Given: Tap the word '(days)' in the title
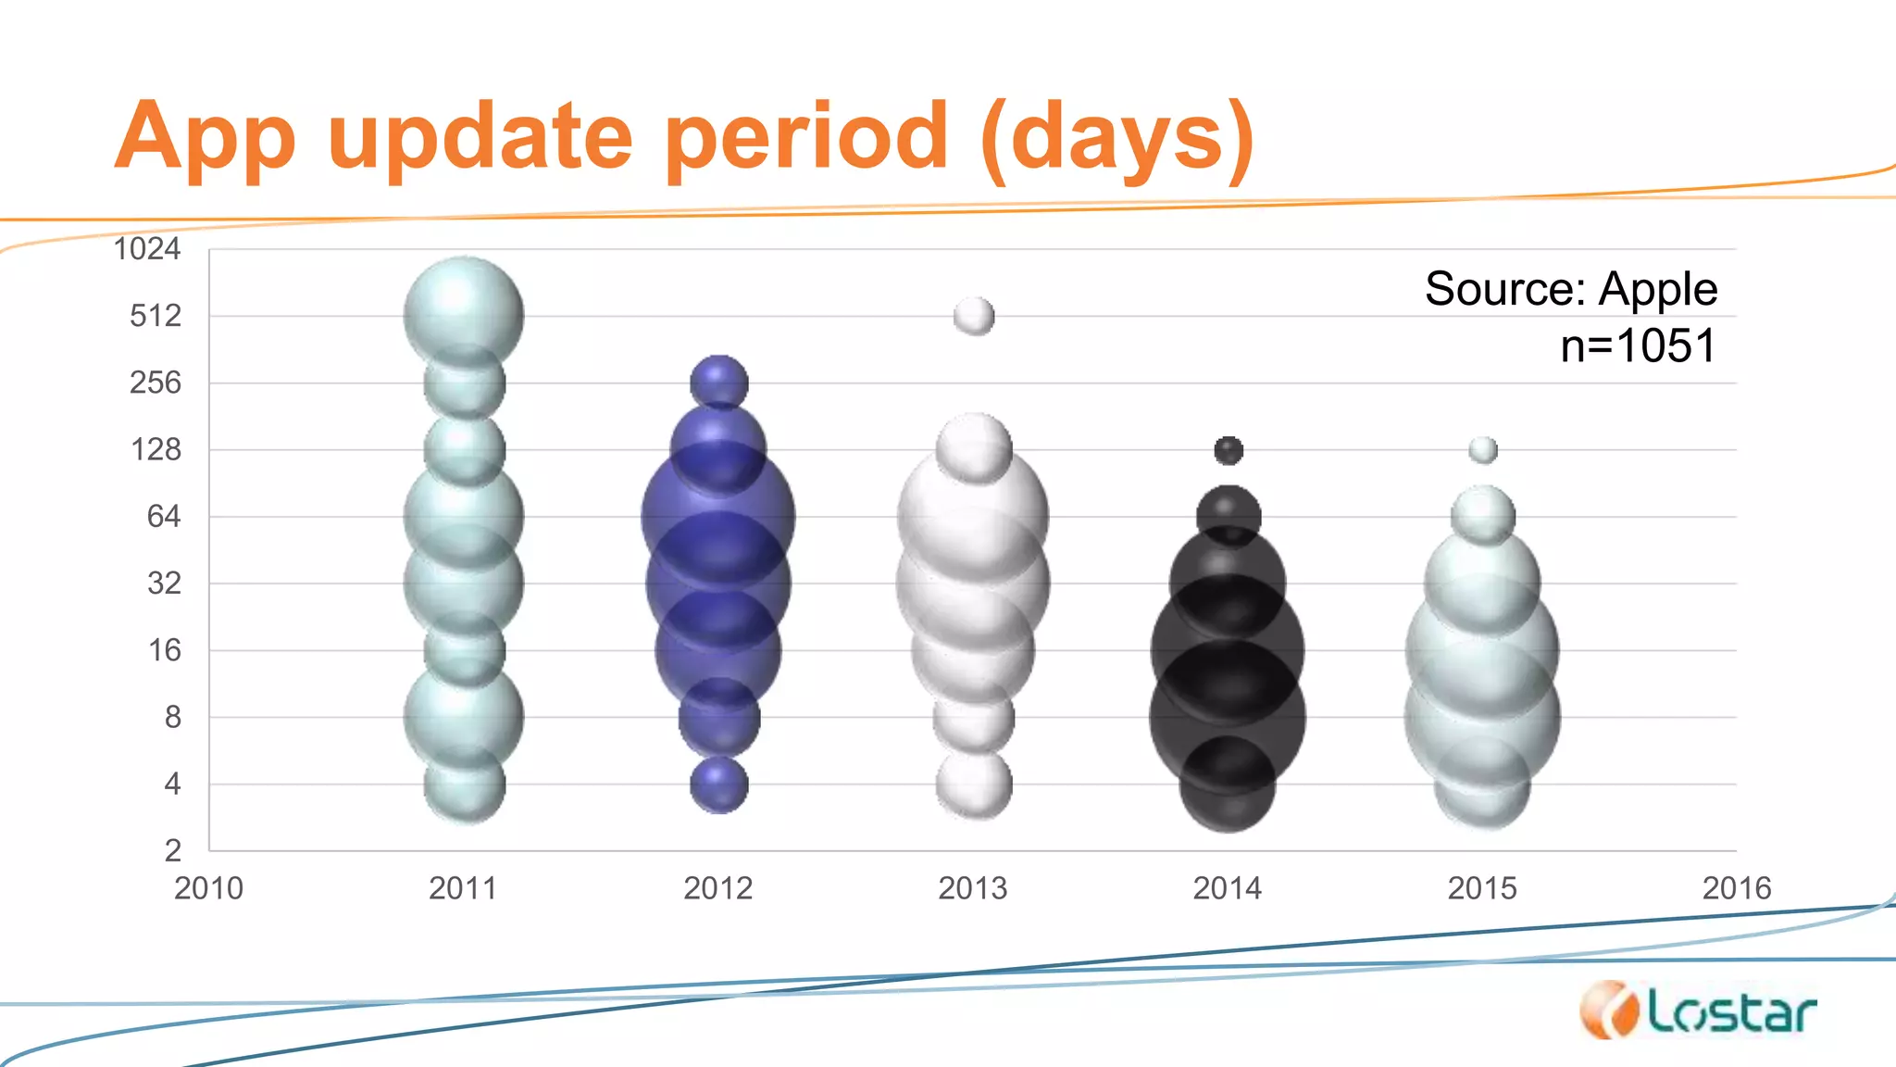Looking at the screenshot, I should tap(1116, 139).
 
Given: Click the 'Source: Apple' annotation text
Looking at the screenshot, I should tap(1570, 289).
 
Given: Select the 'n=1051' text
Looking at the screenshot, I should tap(1637, 345).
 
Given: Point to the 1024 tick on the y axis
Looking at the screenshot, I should tap(146, 249).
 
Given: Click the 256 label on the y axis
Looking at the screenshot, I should tap(155, 383).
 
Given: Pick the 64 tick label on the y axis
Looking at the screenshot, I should tap(163, 516).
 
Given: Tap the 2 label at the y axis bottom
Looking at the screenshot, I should tap(172, 850).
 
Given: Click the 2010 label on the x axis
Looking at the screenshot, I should tap(208, 888).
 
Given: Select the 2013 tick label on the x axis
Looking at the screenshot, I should tap(972, 888).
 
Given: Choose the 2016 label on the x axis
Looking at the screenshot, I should tap(1736, 888).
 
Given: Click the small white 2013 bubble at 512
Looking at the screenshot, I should tap(974, 317).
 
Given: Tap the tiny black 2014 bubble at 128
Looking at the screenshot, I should tap(1229, 451).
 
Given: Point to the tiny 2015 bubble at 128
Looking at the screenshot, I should tap(1483, 450).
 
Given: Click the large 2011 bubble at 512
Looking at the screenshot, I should tap(464, 310).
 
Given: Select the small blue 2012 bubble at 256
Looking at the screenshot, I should tap(719, 381).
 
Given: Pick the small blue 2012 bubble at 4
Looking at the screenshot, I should tap(719, 785).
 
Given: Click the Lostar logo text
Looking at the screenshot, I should tap(1731, 1013).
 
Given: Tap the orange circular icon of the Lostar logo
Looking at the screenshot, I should tap(1608, 1011).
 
